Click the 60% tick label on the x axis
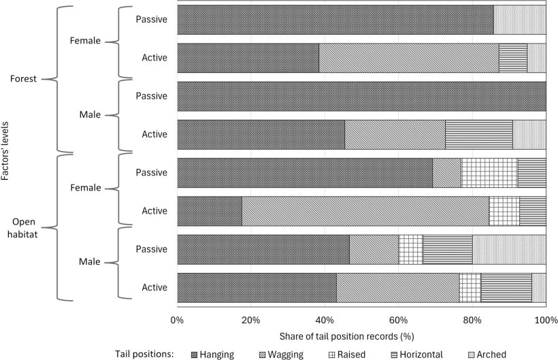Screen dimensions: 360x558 tap(398, 321)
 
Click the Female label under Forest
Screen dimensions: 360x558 tap(85, 41)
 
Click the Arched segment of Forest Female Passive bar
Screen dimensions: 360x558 tap(519, 19)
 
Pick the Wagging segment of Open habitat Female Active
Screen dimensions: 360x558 tap(365, 211)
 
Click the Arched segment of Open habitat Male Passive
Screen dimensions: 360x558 tap(509, 249)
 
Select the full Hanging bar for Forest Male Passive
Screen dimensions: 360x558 tap(361, 96)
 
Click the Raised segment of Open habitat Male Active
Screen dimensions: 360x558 tap(470, 287)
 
